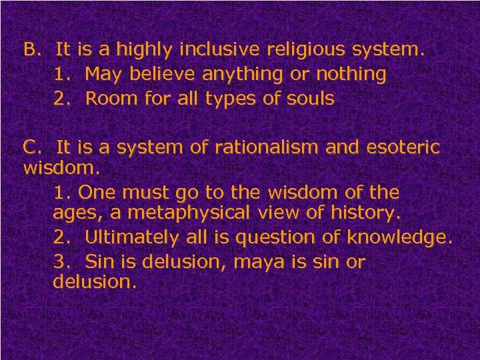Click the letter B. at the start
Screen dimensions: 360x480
tap(33, 49)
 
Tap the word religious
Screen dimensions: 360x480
tap(302, 49)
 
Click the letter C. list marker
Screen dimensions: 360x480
tap(33, 146)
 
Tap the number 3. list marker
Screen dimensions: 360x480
tap(61, 261)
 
